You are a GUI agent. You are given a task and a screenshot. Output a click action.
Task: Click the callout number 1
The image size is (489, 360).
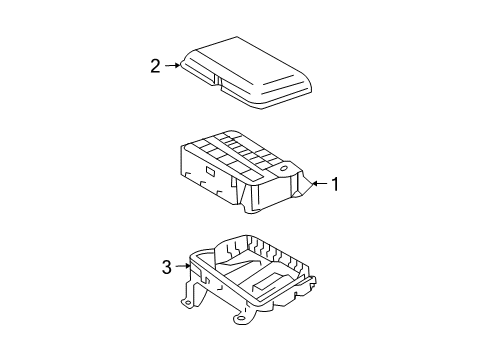click(335, 184)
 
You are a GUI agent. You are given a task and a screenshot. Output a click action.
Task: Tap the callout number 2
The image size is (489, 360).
click(155, 66)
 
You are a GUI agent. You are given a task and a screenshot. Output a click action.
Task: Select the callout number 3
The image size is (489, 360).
click(167, 267)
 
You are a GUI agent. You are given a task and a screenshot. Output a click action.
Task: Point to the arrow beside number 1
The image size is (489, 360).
click(320, 183)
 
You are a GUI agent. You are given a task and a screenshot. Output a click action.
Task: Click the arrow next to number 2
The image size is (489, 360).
click(172, 65)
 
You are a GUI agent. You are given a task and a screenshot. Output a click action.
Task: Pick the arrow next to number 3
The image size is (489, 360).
click(183, 266)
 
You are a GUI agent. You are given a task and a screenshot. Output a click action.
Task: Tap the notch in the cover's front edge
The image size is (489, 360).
click(217, 81)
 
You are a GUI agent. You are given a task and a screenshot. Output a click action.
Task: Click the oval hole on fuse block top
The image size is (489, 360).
click(284, 168)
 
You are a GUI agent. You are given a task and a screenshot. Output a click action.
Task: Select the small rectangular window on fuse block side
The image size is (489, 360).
click(211, 171)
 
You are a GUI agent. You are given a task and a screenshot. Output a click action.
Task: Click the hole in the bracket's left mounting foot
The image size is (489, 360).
click(188, 303)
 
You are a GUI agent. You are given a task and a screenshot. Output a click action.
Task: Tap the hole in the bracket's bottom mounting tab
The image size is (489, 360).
click(240, 318)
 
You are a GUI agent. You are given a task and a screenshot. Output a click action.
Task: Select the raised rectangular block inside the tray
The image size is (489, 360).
click(269, 281)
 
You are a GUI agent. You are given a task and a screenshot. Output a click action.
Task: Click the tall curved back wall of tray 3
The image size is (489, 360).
click(231, 248)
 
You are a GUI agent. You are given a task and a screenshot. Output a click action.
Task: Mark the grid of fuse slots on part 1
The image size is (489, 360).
click(240, 152)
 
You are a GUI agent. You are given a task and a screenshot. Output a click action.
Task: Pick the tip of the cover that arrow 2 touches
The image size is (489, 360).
click(181, 65)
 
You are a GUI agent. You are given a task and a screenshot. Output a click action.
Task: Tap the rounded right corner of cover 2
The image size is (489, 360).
click(308, 86)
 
